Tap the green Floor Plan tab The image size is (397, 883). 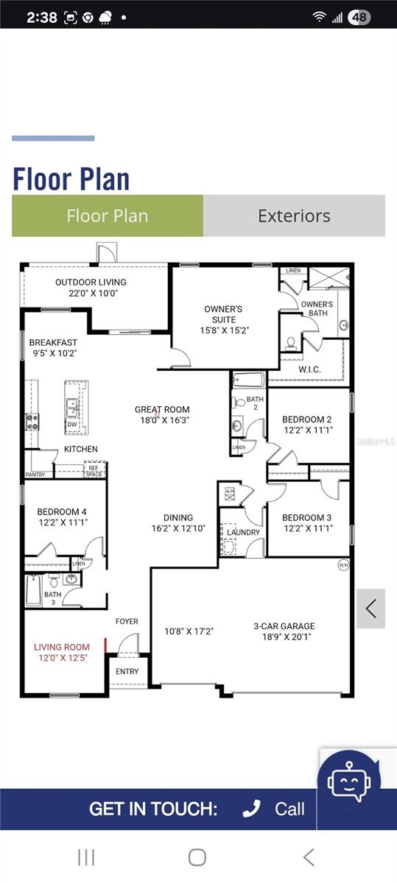(x=108, y=216)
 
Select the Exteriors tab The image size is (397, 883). (x=294, y=216)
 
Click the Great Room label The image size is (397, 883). (x=162, y=409)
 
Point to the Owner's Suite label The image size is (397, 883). (x=223, y=314)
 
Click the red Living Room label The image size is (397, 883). (x=63, y=648)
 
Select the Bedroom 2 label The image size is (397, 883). (x=308, y=420)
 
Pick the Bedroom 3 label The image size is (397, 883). (x=307, y=517)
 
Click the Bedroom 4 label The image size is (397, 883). (x=63, y=512)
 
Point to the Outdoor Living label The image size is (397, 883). (x=91, y=282)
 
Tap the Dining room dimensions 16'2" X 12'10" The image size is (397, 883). (x=178, y=528)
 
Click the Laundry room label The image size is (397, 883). (x=243, y=532)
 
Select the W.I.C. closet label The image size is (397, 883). (x=309, y=369)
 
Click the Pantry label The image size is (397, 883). (x=35, y=475)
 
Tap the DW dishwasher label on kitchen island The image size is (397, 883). (x=72, y=424)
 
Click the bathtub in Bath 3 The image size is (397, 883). (x=34, y=590)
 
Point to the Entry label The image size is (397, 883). (x=127, y=671)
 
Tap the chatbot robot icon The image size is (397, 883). (x=348, y=781)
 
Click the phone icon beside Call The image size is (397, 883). (x=252, y=809)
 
